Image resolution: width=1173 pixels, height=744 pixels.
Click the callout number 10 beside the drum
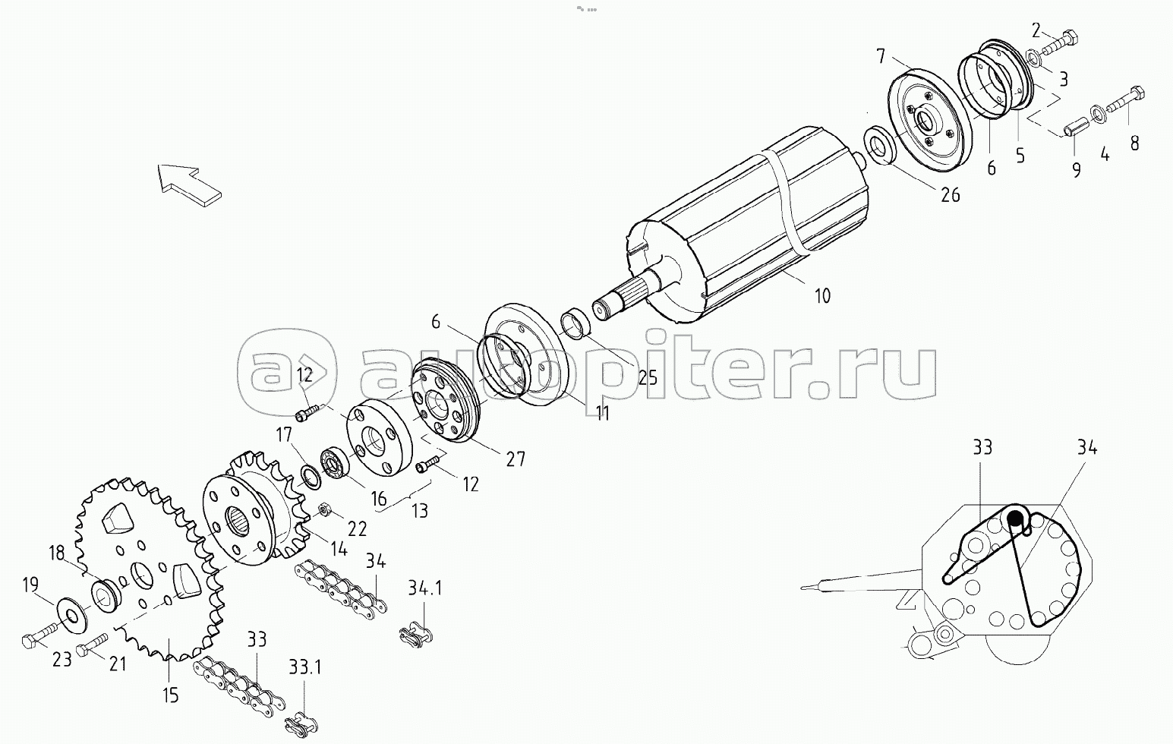tap(822, 295)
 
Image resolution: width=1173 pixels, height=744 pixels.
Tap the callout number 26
tap(950, 195)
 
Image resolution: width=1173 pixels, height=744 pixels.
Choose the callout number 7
tap(881, 55)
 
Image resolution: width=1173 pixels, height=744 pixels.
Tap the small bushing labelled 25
tap(579, 322)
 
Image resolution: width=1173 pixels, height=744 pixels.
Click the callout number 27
tap(516, 459)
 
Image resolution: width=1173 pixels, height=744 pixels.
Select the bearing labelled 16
tap(335, 462)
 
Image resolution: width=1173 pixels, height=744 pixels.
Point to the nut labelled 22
tap(322, 509)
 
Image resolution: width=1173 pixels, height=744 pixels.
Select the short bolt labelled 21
tap(90, 646)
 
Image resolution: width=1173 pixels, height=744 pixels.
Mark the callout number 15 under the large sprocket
tap(170, 694)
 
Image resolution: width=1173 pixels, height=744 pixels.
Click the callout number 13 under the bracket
tap(419, 511)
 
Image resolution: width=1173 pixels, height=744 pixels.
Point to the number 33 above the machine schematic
tap(982, 448)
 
